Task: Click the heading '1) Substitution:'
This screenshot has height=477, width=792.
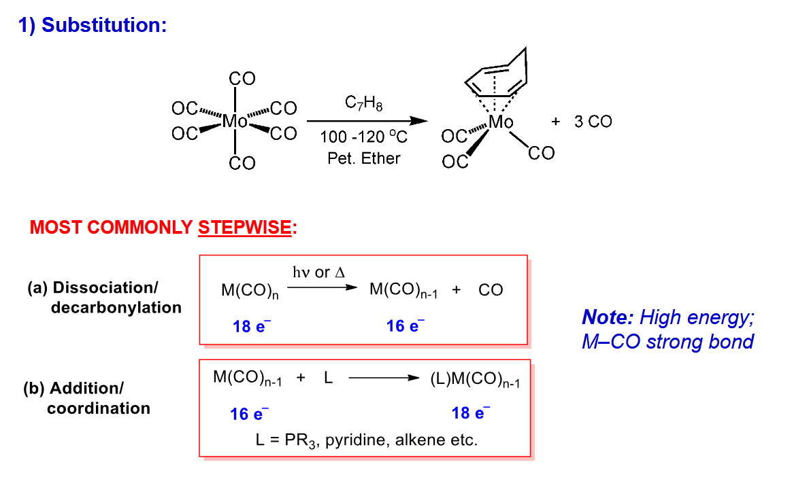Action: (x=93, y=24)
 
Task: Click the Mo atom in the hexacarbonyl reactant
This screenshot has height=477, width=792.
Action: (x=235, y=121)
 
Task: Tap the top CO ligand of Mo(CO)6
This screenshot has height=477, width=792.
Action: (x=242, y=79)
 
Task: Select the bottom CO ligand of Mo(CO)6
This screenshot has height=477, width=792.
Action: (x=242, y=163)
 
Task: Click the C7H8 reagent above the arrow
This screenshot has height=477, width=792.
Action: (x=363, y=103)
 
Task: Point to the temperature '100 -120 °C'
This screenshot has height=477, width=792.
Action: (x=363, y=137)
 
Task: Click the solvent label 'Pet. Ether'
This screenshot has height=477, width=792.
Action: (x=363, y=158)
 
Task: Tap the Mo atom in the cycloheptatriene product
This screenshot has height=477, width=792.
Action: (x=501, y=122)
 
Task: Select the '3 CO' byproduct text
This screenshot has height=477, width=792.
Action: (x=593, y=122)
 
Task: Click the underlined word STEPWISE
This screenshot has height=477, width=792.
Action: (x=244, y=228)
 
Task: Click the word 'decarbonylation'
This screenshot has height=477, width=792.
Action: (x=116, y=308)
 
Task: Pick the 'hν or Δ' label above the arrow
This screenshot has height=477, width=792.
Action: (x=318, y=272)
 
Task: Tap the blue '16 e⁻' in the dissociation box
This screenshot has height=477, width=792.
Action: (x=405, y=325)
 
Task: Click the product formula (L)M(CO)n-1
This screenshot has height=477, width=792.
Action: (x=475, y=380)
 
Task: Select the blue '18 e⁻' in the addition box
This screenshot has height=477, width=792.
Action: (x=470, y=412)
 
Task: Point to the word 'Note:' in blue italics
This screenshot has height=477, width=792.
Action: (x=608, y=317)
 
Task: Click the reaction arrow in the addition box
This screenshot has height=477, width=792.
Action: (x=384, y=378)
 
